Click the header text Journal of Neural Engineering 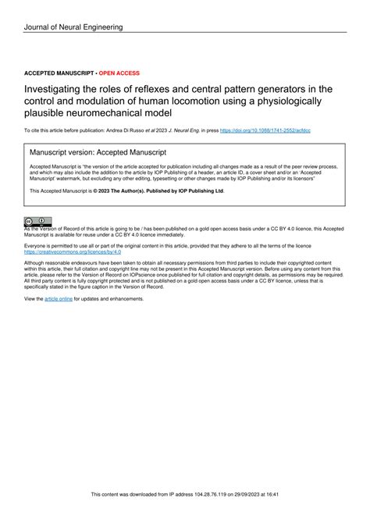coord(73,27)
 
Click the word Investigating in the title coord(63,90)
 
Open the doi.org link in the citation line coord(265,130)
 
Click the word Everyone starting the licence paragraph coord(38,246)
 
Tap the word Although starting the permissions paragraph coord(37,263)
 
